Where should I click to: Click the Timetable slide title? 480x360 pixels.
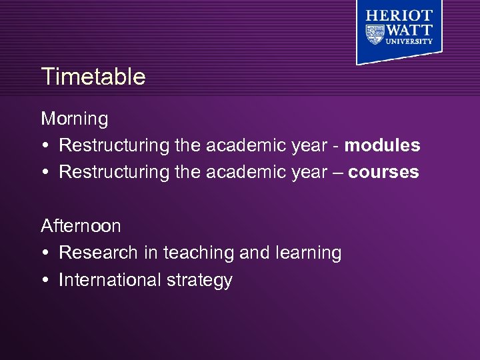[93, 77]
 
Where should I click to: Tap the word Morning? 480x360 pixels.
[74, 119]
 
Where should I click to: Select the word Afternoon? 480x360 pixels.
[81, 226]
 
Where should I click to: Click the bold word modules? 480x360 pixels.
[383, 145]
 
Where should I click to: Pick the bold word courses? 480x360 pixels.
[383, 173]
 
